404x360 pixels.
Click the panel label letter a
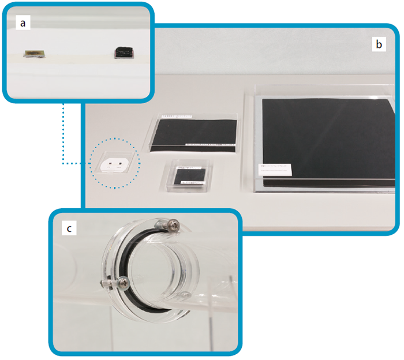[23, 22]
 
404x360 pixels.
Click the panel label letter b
[379, 44]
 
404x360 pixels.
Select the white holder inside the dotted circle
[115, 164]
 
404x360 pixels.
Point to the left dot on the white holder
[109, 164]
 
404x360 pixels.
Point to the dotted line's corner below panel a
[63, 164]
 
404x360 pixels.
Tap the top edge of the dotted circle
[115, 138]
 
